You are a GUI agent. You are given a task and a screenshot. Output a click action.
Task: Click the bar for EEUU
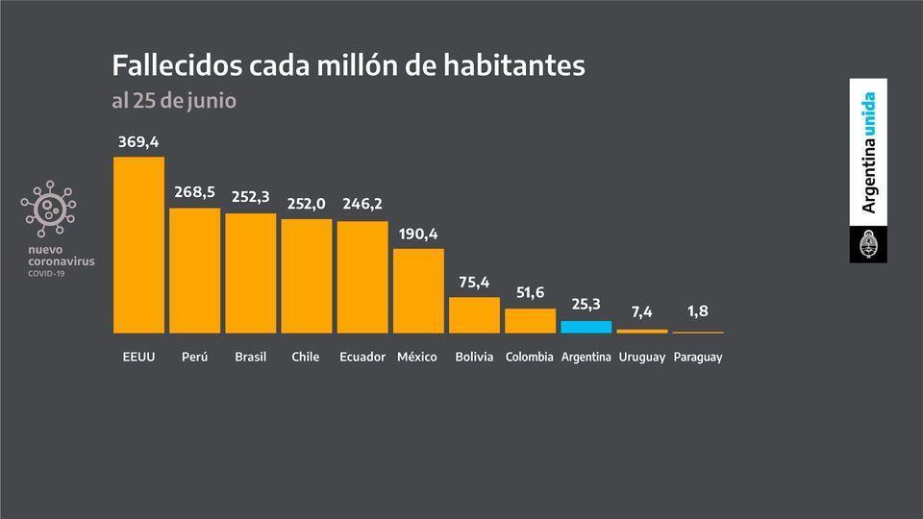point(138,244)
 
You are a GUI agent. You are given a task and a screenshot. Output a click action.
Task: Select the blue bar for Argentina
point(586,327)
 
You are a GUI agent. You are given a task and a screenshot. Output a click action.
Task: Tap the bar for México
point(419,290)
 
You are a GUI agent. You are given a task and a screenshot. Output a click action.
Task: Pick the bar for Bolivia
point(475,315)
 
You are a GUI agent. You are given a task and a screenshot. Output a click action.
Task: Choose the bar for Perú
point(194,270)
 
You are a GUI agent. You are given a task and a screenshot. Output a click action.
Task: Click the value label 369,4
point(138,142)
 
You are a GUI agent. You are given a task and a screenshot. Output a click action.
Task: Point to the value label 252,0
point(307,204)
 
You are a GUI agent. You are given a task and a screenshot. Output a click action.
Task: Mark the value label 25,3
point(586,305)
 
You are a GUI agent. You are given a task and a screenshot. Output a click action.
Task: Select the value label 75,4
point(475,282)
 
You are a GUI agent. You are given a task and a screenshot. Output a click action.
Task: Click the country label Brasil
point(251,357)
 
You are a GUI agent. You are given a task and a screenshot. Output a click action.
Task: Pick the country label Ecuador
point(362,357)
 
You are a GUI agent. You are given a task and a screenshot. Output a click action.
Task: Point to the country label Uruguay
point(642,357)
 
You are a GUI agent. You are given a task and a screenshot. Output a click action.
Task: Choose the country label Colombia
point(530,357)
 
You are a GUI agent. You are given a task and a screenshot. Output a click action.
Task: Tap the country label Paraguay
point(698,357)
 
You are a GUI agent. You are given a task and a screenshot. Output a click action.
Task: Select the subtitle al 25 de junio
point(174,100)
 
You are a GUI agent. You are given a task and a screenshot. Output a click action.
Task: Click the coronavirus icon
point(48,209)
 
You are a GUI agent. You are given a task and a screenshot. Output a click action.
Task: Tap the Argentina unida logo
point(869,152)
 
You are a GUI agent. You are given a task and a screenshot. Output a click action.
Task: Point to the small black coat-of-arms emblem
point(869,245)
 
